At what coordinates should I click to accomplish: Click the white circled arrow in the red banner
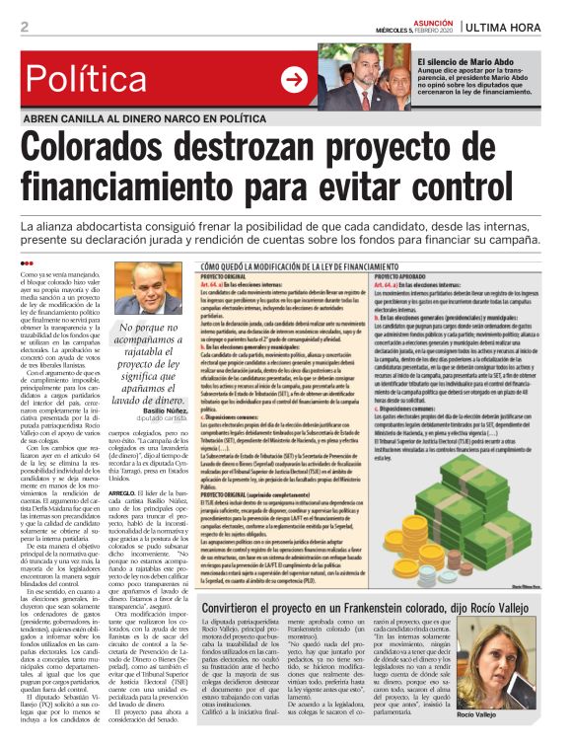294,80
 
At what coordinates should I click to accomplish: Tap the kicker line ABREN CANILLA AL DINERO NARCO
159,118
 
